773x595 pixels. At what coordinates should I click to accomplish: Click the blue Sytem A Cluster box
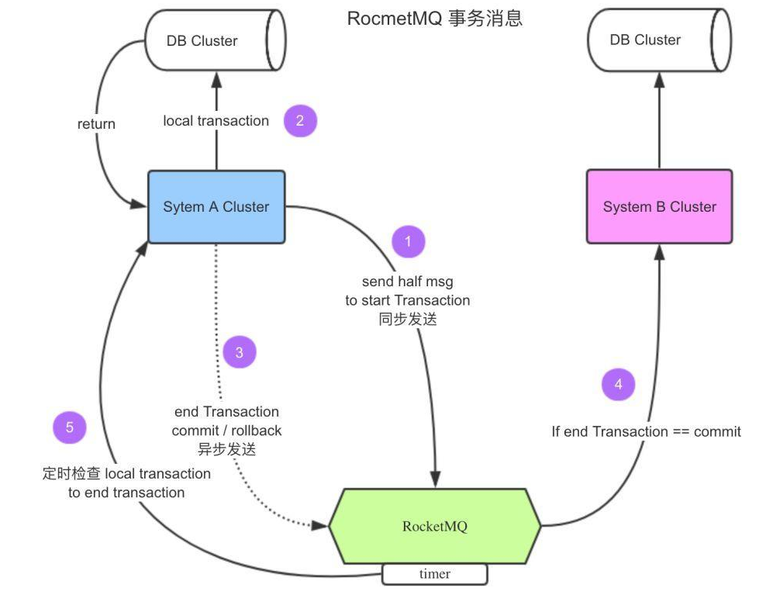[216, 207]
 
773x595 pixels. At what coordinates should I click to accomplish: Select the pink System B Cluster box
[660, 207]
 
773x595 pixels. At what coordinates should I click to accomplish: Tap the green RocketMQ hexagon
[435, 526]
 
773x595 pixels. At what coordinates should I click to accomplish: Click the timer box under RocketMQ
[434, 574]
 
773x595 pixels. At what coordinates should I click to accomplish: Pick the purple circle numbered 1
[408, 241]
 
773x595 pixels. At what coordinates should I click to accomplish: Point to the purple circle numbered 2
[301, 121]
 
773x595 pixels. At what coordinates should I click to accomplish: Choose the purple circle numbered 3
[239, 352]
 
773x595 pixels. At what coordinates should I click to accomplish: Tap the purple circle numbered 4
[618, 384]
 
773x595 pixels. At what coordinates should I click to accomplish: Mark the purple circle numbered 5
[70, 427]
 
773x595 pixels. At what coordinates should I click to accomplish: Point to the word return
[96, 123]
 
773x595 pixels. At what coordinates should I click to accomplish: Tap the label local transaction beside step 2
[216, 121]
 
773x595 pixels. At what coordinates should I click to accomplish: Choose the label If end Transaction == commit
[646, 431]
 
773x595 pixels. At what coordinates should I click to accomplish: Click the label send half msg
[407, 282]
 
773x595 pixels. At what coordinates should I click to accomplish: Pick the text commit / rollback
[226, 431]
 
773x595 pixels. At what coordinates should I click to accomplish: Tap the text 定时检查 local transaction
[126, 473]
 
